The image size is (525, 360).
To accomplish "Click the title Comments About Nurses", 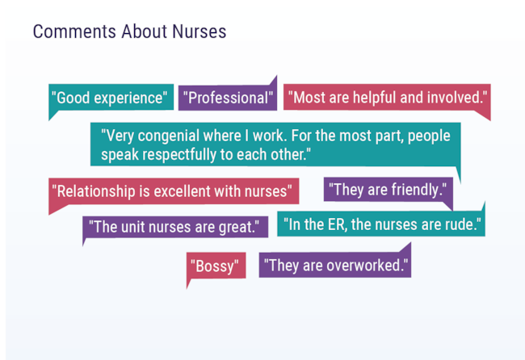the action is click(x=129, y=31).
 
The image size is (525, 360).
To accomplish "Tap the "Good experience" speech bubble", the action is click(x=111, y=98).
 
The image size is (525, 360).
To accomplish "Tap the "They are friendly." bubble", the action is click(x=388, y=190).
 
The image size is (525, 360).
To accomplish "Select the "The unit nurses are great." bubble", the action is click(x=175, y=227).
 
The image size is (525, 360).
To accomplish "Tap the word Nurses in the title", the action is click(x=199, y=31).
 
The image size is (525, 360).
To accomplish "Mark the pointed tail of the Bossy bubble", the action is click(x=187, y=287).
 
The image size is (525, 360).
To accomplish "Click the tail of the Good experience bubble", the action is click(x=49, y=119).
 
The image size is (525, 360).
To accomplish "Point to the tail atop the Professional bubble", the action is click(x=276, y=77).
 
